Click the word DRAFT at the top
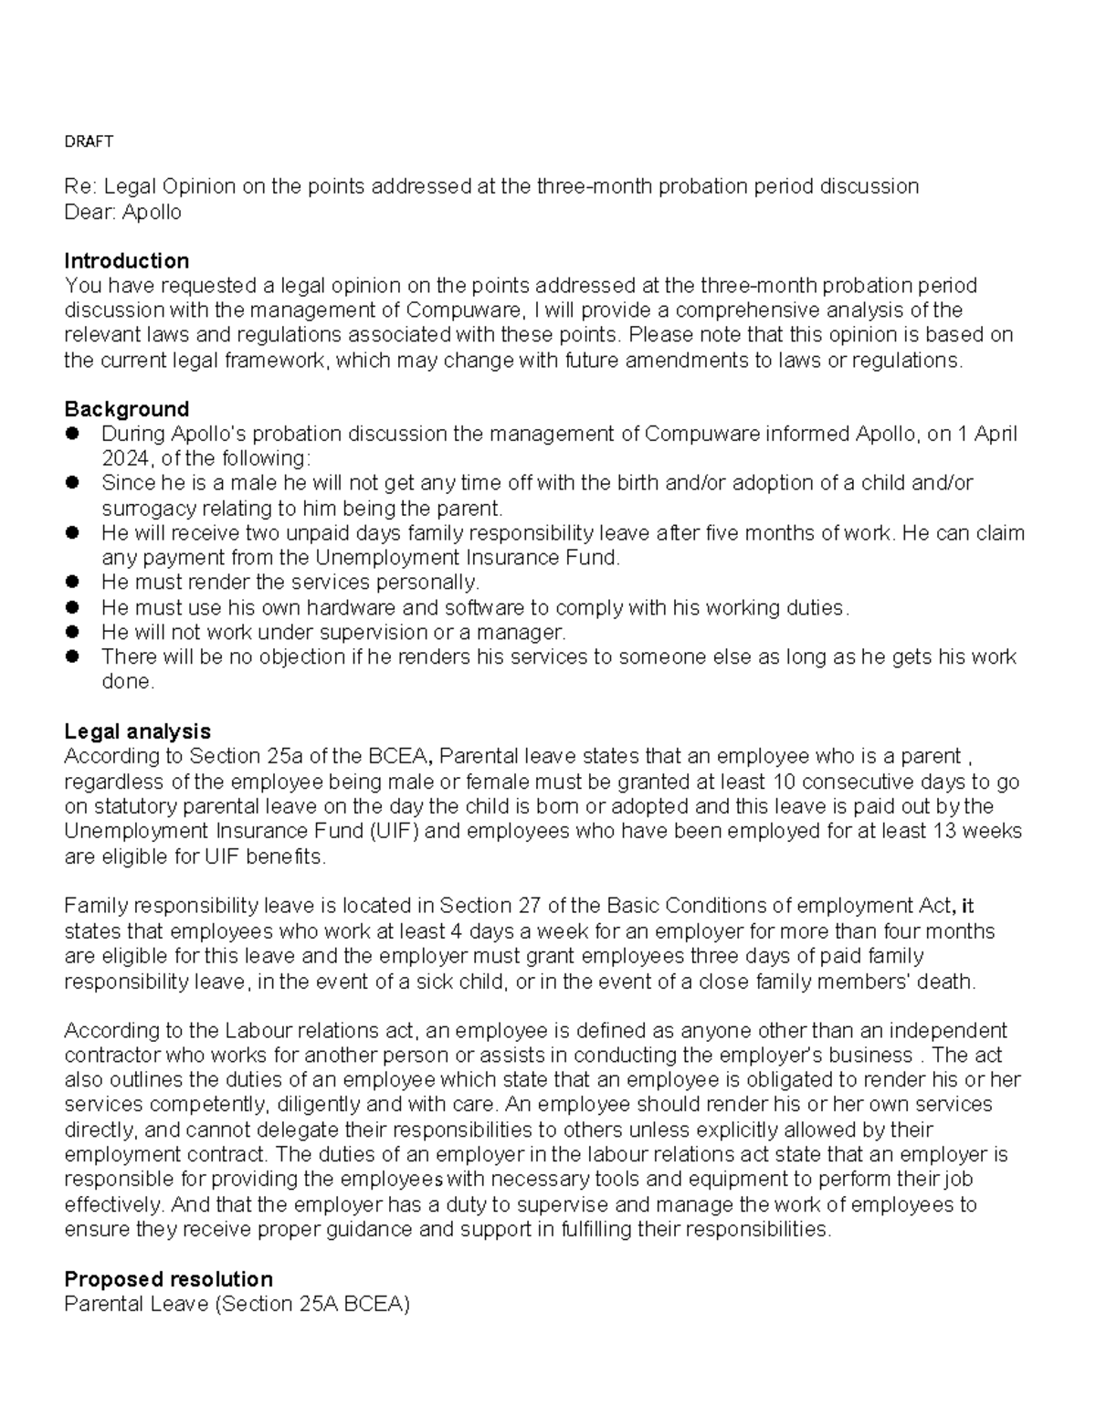click(89, 142)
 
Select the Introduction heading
click(126, 261)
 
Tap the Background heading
click(126, 409)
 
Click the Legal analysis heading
click(137, 731)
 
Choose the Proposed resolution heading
click(168, 1278)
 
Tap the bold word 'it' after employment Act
click(968, 907)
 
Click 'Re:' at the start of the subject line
click(79, 187)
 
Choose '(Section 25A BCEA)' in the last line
click(311, 1305)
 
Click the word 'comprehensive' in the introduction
click(739, 310)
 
